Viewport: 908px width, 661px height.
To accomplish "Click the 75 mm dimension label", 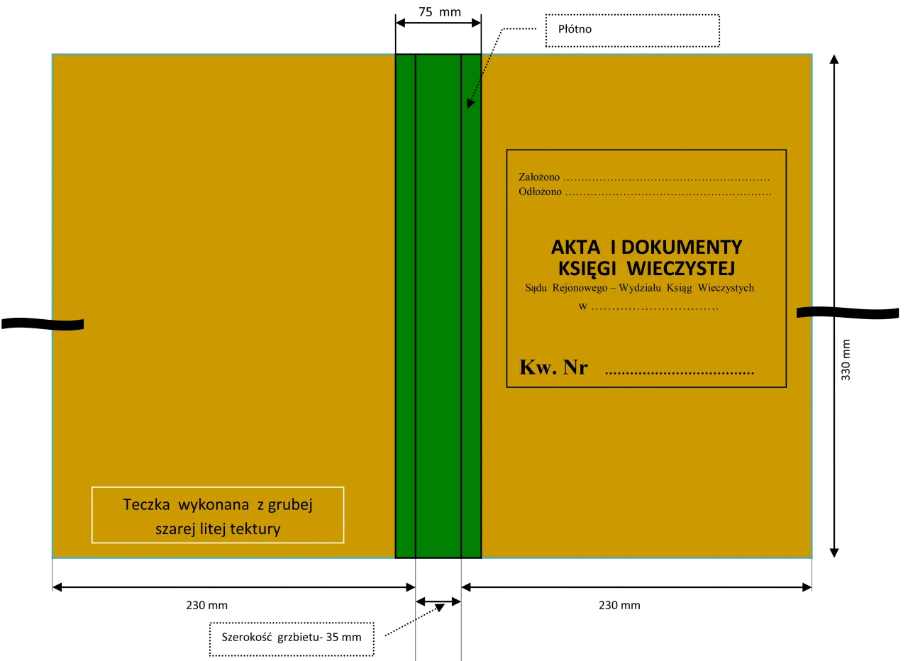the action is coord(440,12).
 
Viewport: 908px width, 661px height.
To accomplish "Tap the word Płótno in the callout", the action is coord(575,29).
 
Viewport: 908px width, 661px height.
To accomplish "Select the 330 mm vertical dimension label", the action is coord(846,360).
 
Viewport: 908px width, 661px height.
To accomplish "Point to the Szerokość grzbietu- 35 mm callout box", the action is coord(292,639).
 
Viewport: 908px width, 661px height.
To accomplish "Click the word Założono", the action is coord(539,177).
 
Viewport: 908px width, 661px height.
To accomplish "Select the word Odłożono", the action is coord(540,191).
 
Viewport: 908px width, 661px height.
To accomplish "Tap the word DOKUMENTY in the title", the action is coord(682,248).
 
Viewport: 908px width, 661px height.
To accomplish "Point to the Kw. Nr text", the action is coord(553,367).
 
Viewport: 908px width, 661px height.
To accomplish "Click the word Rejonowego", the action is coord(580,288).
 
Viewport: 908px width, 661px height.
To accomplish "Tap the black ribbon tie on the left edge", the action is coord(43,324).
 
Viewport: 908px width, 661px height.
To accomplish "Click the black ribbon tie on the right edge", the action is coord(848,313).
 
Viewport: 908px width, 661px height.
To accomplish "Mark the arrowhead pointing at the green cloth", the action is coord(470,104).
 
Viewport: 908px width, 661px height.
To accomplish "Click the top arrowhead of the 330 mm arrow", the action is coord(834,59).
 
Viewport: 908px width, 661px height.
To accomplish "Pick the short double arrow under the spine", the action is coord(438,602).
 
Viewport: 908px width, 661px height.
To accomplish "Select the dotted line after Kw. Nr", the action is coord(680,372).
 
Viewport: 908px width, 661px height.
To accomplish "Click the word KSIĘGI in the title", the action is coord(587,269).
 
